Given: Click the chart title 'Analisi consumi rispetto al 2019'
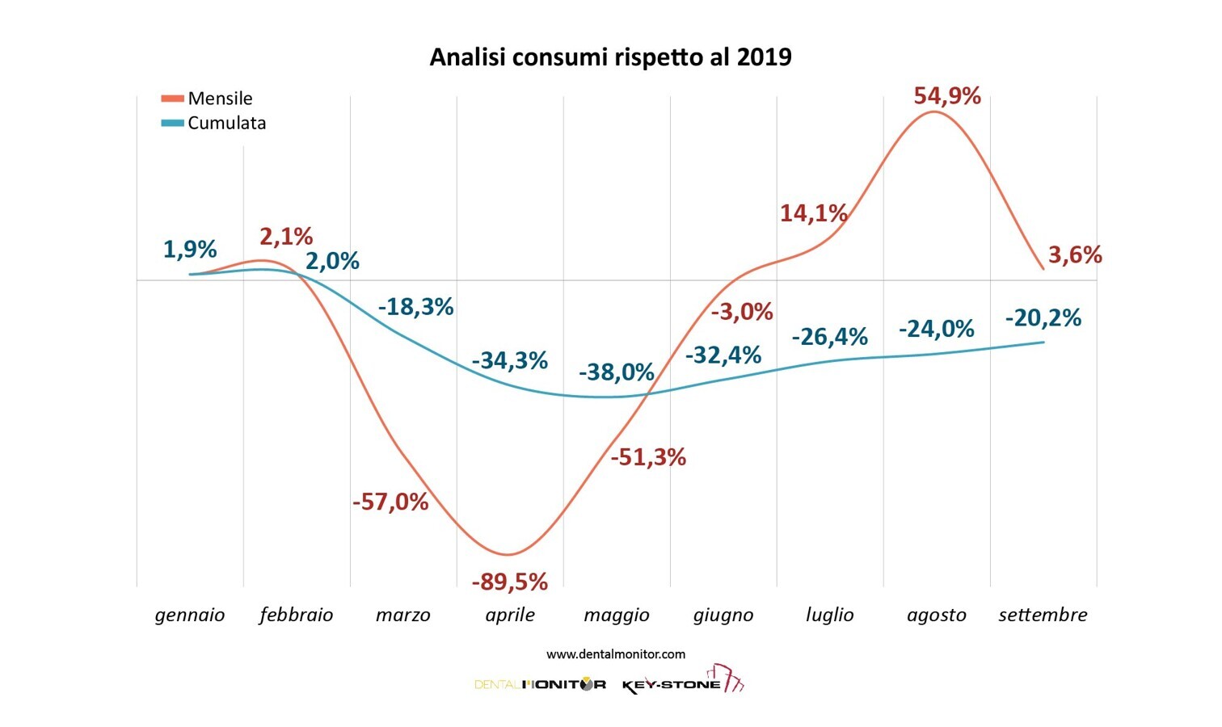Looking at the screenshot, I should (610, 57).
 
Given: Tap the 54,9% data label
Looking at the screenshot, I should (947, 96).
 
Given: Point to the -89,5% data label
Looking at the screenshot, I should (509, 582).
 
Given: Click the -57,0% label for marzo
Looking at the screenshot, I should (390, 502).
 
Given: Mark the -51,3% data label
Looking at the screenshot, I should (648, 457).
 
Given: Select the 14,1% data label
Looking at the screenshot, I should (813, 213).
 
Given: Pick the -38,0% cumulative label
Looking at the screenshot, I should (616, 372).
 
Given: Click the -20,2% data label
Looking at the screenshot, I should (1043, 318).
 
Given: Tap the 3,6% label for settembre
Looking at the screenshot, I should (1075, 255).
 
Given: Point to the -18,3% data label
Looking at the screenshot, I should (415, 307).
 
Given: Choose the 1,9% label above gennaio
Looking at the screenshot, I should (190, 249).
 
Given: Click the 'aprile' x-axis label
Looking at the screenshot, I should (510, 615).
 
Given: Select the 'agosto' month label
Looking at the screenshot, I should (936, 615).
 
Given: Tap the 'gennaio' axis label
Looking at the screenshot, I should (190, 615).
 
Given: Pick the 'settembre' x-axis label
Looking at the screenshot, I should (1043, 615).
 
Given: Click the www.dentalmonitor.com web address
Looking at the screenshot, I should (616, 654).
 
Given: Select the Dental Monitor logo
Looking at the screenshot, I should (540, 684).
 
